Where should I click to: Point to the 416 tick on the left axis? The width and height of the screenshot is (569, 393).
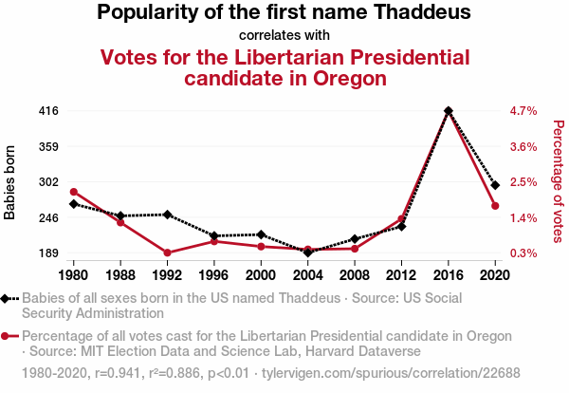(48, 111)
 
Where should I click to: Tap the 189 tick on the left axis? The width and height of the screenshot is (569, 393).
(48, 253)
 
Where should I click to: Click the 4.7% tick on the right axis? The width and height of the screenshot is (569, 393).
(523, 111)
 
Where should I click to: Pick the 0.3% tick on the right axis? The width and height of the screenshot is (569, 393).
(523, 253)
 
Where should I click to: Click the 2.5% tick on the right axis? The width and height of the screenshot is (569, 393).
(523, 182)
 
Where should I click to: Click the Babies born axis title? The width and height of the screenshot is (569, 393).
(10, 182)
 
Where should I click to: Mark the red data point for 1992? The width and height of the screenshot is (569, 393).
(168, 253)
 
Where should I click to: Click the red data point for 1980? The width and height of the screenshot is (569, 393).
(74, 192)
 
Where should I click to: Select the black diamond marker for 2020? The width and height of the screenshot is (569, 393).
(495, 185)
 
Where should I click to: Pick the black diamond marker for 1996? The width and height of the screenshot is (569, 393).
(214, 235)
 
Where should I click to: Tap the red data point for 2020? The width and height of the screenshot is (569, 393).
(495, 206)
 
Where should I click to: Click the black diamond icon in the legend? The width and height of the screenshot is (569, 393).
(7, 298)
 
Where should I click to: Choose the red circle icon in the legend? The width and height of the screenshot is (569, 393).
(7, 336)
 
